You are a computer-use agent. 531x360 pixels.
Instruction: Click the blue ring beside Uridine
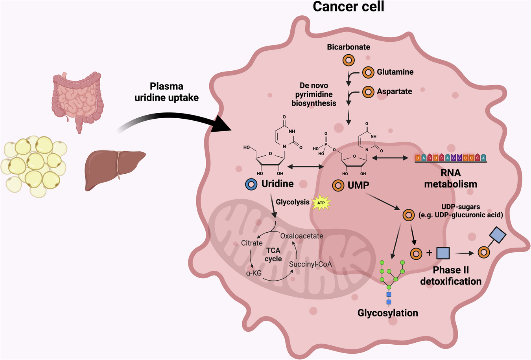(251, 184)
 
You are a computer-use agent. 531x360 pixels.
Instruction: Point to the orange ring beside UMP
(338, 185)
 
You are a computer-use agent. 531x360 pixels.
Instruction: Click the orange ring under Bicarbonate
(348, 60)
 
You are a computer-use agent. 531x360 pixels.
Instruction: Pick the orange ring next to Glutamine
(368, 72)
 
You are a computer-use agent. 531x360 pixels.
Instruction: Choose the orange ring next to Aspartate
(368, 92)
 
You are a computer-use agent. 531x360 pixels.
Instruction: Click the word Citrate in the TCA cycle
(252, 243)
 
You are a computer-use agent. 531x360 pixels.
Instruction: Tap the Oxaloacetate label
(302, 236)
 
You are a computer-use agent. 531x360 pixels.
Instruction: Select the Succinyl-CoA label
(310, 264)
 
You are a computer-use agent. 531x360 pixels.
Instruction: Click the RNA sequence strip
(451, 158)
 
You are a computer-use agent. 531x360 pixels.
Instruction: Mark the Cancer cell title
(348, 7)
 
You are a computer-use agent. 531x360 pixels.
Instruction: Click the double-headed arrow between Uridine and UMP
(305, 167)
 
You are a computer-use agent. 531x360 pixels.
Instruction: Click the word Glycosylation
(387, 313)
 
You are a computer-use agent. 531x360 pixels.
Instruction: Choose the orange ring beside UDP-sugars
(409, 215)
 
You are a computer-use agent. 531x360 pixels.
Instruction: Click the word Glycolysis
(293, 202)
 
